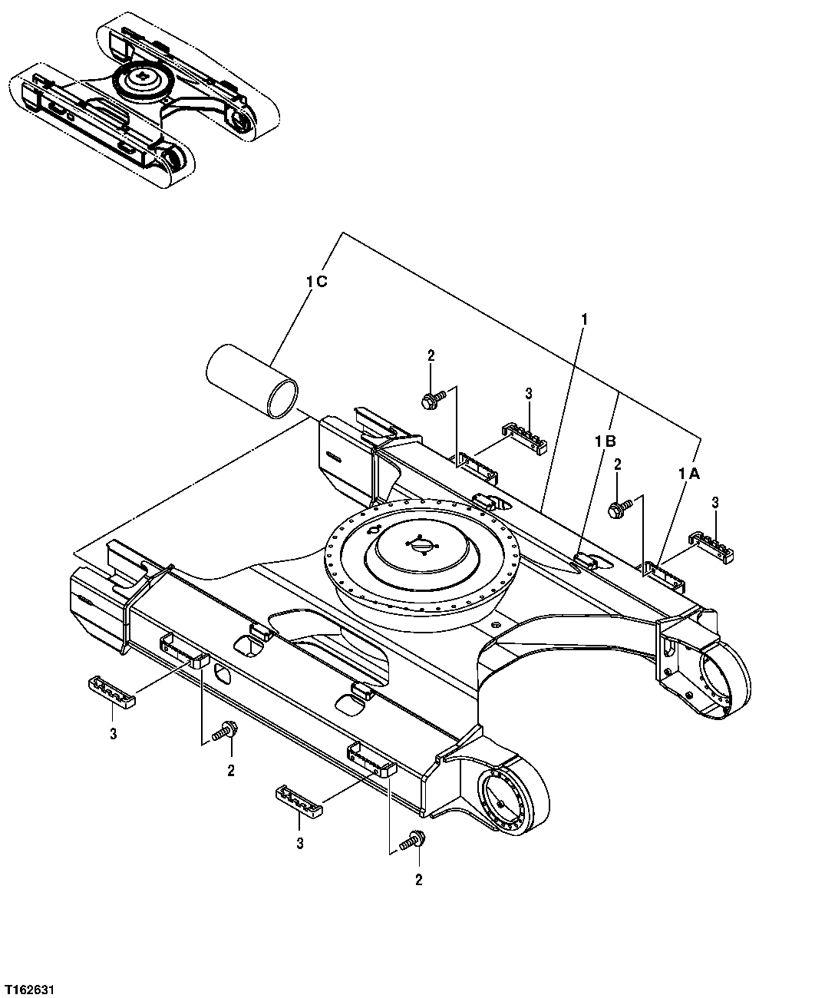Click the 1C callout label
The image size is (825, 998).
[316, 283]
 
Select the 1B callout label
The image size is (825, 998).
[606, 441]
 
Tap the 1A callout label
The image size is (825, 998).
[688, 475]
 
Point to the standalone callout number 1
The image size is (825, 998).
[585, 318]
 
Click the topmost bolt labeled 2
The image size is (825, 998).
[431, 399]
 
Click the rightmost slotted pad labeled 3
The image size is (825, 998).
[714, 544]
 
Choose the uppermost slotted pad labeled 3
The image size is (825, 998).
[524, 435]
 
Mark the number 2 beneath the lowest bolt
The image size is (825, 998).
[418, 881]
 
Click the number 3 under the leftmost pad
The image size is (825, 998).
[113, 734]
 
